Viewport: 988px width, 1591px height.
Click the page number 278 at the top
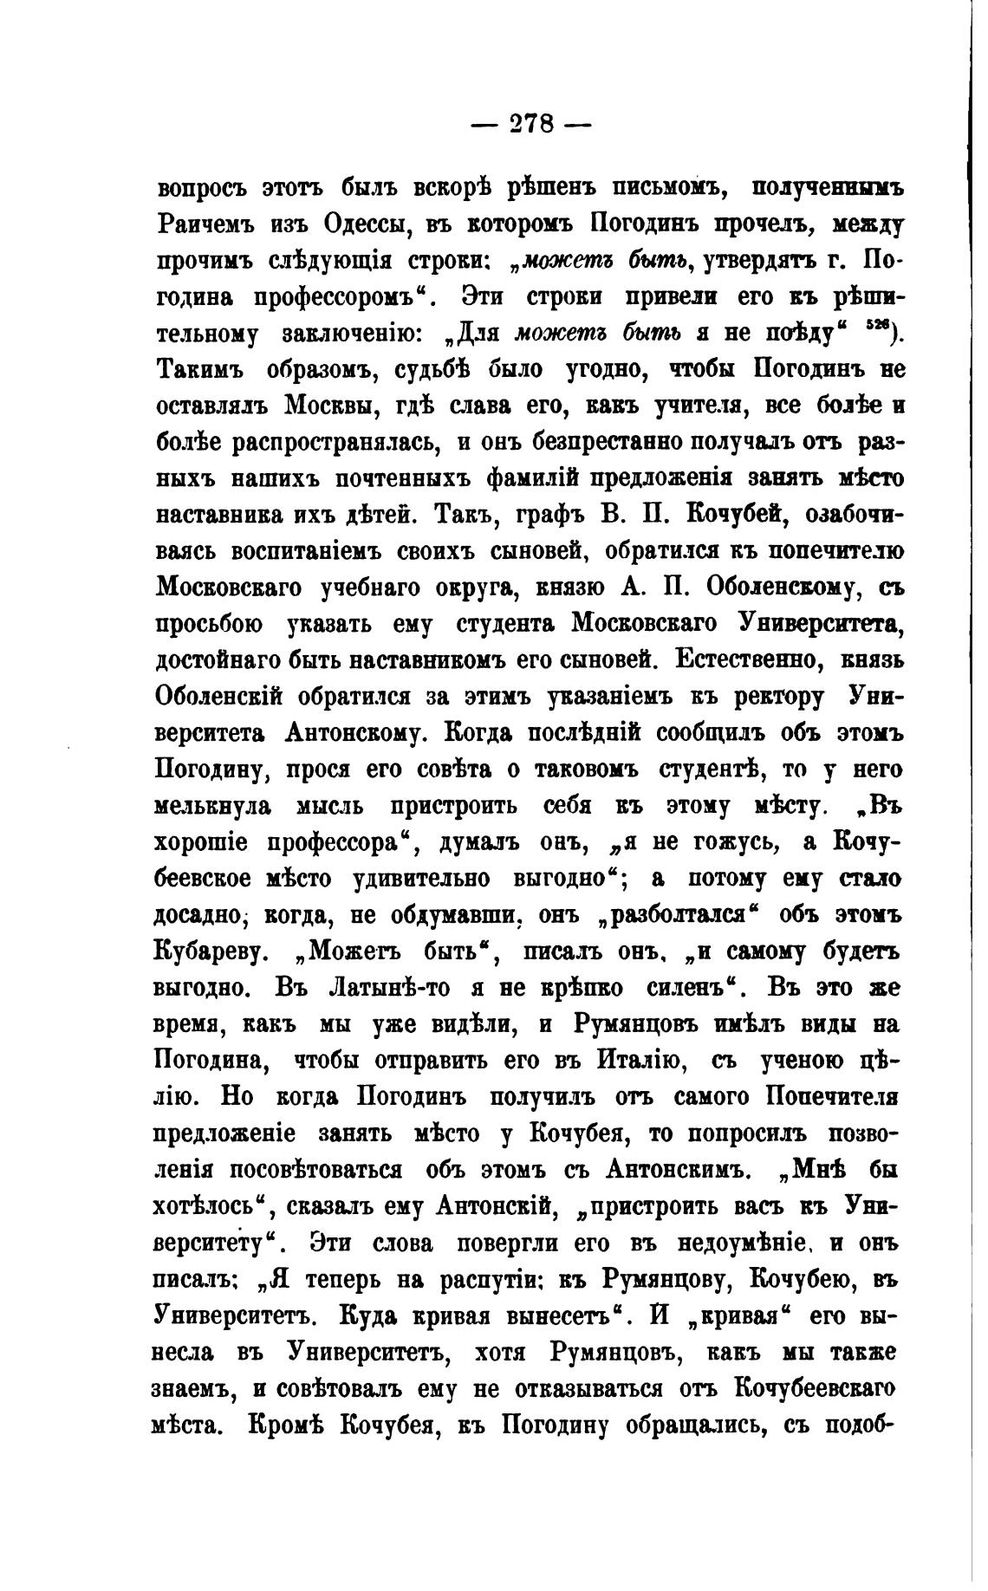(530, 124)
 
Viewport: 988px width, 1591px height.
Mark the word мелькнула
(213, 806)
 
